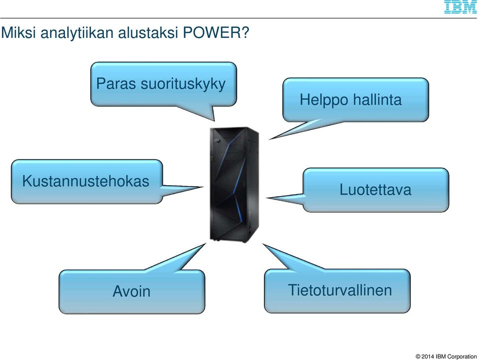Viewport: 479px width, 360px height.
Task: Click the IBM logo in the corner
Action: point(461,6)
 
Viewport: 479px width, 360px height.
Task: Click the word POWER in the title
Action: point(216,32)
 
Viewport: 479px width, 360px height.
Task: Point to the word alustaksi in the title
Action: point(148,32)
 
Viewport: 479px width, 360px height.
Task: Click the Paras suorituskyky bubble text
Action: point(161,84)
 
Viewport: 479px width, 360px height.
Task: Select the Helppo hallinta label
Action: point(350,100)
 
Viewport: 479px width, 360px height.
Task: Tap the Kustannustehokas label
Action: point(85,181)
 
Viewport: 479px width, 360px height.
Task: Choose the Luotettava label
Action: point(375,189)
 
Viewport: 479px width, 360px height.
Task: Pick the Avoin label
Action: point(131,291)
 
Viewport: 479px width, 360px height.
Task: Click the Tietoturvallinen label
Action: point(340,290)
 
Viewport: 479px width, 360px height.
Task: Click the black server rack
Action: point(235,185)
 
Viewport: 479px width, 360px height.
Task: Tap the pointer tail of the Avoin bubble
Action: point(180,259)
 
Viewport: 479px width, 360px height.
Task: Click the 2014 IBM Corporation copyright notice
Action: point(446,357)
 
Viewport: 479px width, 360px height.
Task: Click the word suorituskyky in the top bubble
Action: point(183,84)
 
